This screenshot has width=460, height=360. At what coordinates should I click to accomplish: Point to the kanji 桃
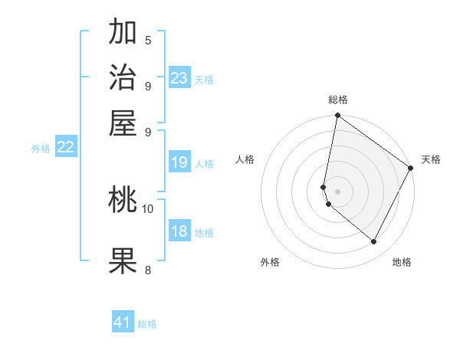click(123, 201)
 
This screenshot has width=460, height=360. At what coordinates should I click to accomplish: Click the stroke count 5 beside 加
click(148, 41)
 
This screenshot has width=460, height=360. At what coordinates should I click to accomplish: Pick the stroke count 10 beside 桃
click(148, 208)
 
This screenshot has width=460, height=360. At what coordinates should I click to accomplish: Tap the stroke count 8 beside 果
click(148, 269)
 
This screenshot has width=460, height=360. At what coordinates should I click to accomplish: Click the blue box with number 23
click(179, 77)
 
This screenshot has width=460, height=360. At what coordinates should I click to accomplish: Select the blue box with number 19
click(179, 162)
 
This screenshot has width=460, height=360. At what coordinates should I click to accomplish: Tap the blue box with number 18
click(179, 232)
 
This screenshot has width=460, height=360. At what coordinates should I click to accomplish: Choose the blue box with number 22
click(65, 148)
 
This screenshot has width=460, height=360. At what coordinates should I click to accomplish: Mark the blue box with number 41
click(123, 322)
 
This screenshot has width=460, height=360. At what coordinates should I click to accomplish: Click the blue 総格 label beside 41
click(147, 324)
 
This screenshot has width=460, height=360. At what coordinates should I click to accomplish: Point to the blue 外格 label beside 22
click(40, 149)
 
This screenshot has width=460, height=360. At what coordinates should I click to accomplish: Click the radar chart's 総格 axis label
click(337, 100)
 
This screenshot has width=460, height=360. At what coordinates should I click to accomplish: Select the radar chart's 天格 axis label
click(431, 159)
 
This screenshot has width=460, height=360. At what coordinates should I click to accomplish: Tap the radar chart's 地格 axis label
click(402, 262)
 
